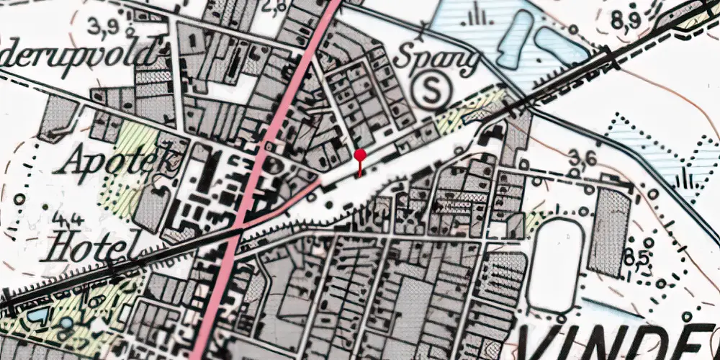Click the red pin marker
click(x=360, y=155)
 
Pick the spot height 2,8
click(x=275, y=6)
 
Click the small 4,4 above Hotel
click(x=62, y=217)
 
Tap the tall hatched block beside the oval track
click(x=609, y=230)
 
